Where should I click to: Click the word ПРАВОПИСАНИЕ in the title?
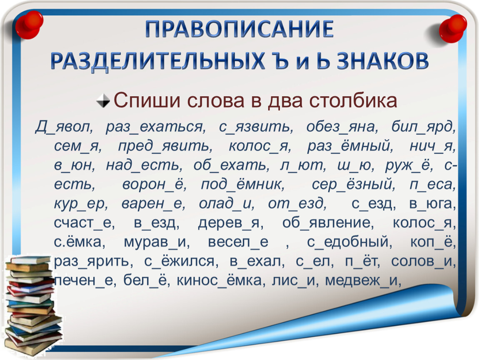coord(239,29)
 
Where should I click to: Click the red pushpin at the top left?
coord(29,25)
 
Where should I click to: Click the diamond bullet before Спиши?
coord(103,100)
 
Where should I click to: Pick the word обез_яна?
coord(342,127)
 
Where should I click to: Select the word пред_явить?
coord(165,146)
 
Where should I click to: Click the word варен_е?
coord(153,203)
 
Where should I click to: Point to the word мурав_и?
coord(157,242)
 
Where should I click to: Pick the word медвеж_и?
coord(363,280)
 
